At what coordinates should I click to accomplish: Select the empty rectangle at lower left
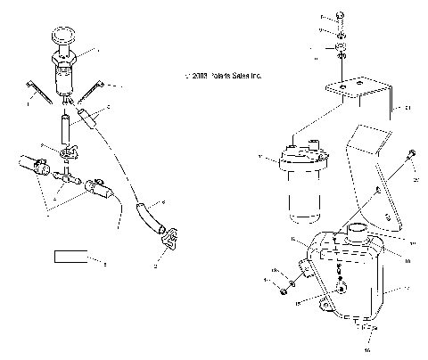70,259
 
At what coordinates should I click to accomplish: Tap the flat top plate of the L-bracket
350,88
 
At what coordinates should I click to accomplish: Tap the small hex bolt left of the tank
284,289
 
